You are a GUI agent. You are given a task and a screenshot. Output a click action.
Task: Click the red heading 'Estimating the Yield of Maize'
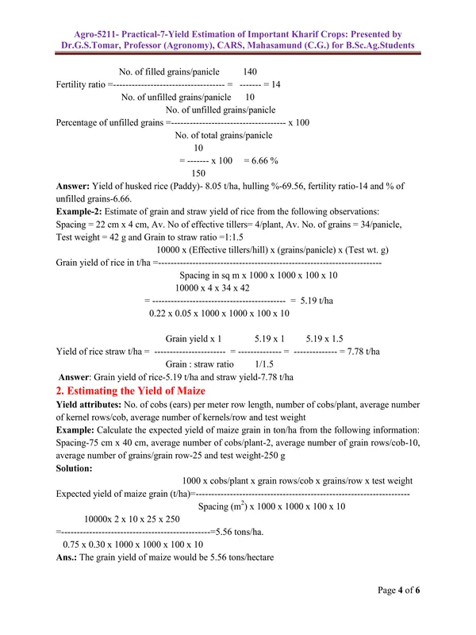[131, 391]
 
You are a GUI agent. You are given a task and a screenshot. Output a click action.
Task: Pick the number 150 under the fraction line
[198, 173]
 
